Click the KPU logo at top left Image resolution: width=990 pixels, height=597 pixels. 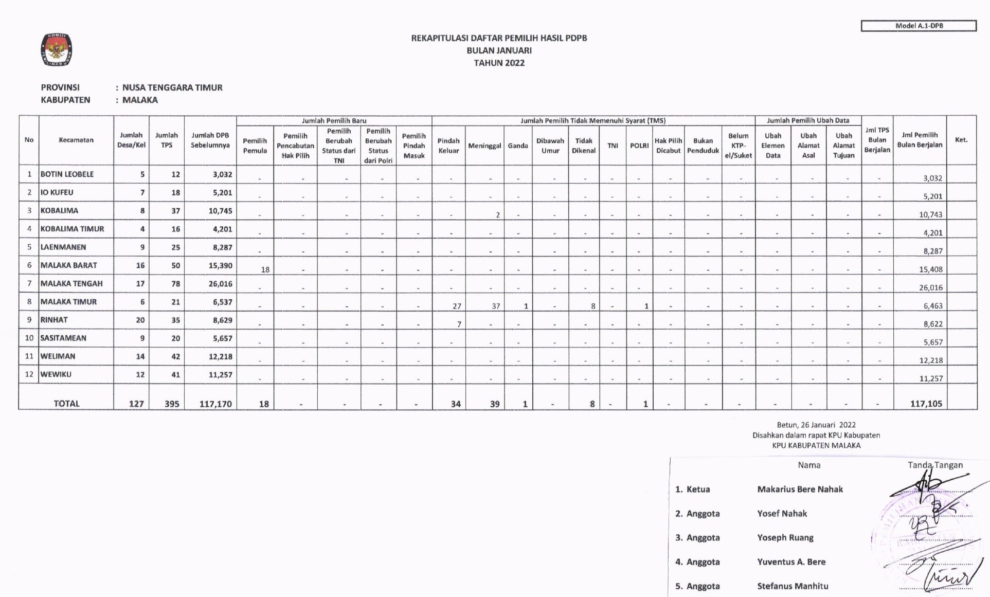[x=57, y=50]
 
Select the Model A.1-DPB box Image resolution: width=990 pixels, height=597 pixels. [x=919, y=26]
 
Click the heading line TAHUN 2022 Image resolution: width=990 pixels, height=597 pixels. [x=499, y=63]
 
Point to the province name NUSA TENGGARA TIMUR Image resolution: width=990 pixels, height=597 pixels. [x=172, y=88]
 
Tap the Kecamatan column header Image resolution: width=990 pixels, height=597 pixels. [x=76, y=140]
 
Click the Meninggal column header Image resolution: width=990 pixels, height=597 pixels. [x=484, y=146]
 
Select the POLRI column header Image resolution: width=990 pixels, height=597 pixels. [x=639, y=146]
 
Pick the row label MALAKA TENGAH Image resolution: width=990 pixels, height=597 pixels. [x=71, y=284]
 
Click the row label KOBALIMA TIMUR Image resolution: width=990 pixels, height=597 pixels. [x=72, y=229]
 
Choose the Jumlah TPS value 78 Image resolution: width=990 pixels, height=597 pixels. [x=175, y=284]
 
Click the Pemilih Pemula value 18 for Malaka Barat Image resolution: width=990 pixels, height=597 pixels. [x=265, y=269]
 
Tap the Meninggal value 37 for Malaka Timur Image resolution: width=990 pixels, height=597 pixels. [x=495, y=306]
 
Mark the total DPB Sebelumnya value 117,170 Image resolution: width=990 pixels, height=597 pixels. [x=215, y=404]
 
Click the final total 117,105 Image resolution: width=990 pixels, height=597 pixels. [x=926, y=404]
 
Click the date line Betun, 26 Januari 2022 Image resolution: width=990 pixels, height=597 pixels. [x=816, y=425]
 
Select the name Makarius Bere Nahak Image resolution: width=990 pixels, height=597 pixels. [x=800, y=490]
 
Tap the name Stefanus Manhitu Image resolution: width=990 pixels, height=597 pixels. [x=793, y=586]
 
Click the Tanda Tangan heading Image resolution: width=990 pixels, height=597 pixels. [x=934, y=465]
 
